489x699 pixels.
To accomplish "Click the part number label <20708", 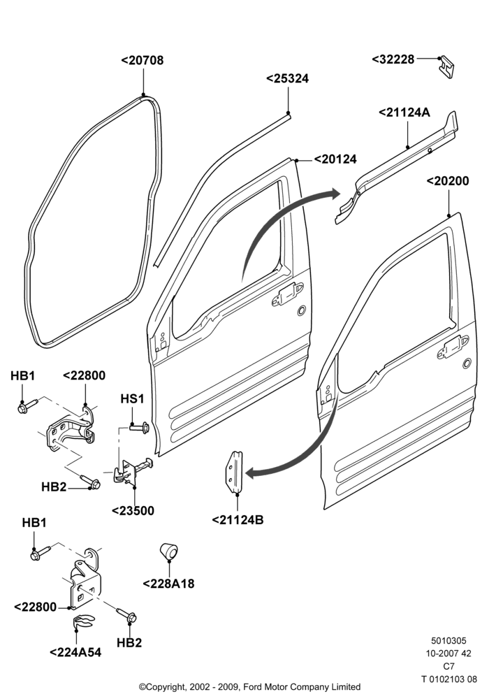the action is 143,60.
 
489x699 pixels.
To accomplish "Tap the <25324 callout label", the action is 287,78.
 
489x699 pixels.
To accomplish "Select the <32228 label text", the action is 393,59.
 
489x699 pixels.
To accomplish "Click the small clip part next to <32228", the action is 446,67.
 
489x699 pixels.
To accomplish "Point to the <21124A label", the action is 404,113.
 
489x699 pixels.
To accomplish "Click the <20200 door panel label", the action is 448,181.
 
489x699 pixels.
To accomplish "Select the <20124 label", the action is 335,159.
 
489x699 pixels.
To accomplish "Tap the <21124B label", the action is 238,520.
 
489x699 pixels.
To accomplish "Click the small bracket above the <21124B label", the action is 235,472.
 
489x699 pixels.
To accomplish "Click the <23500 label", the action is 133,511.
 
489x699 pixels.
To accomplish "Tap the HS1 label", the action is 132,398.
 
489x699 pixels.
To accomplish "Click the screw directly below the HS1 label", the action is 140,428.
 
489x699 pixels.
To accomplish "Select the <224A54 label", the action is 75,652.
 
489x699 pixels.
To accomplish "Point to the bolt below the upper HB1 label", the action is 27,406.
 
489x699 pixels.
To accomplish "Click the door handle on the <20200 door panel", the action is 452,347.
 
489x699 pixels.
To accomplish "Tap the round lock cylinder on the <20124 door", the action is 302,310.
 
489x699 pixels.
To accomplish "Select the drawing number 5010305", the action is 448,640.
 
